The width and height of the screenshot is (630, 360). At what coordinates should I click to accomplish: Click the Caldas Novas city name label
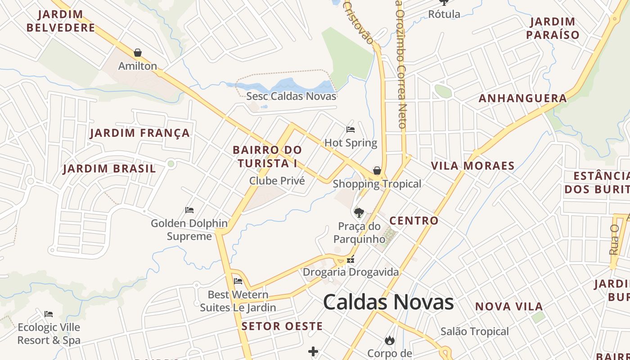pyautogui.click(x=388, y=301)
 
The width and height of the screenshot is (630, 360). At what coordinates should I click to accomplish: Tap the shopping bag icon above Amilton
pyautogui.click(x=138, y=53)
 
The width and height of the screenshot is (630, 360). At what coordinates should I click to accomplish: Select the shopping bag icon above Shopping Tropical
pyautogui.click(x=377, y=171)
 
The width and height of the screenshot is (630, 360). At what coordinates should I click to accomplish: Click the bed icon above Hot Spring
pyautogui.click(x=351, y=130)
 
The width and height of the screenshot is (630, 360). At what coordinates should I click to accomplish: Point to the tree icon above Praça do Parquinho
pyautogui.click(x=359, y=212)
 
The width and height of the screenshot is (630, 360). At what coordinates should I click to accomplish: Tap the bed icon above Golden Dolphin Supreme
pyautogui.click(x=189, y=210)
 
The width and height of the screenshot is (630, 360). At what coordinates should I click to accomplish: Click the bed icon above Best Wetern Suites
pyautogui.click(x=238, y=281)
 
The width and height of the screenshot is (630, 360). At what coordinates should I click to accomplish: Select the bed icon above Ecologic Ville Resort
pyautogui.click(x=49, y=314)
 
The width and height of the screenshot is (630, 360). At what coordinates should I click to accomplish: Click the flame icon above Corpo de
pyautogui.click(x=390, y=340)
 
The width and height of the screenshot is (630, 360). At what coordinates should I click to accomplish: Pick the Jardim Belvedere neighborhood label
pyautogui.click(x=61, y=21)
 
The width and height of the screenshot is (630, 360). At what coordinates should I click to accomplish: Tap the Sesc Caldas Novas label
pyautogui.click(x=291, y=96)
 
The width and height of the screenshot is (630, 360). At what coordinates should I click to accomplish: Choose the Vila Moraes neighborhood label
pyautogui.click(x=472, y=166)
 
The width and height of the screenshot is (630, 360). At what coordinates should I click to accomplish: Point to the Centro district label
pyautogui.click(x=414, y=220)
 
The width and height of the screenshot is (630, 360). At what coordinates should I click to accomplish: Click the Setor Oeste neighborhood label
pyautogui.click(x=282, y=326)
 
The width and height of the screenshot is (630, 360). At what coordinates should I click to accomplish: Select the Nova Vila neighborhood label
pyautogui.click(x=509, y=306)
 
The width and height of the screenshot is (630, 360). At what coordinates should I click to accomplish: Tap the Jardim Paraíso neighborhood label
pyautogui.click(x=553, y=28)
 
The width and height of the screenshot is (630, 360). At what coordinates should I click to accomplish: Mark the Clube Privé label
pyautogui.click(x=277, y=181)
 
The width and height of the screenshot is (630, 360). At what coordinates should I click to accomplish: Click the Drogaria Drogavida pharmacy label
pyautogui.click(x=351, y=272)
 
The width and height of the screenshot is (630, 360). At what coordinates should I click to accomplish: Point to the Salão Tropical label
pyautogui.click(x=474, y=332)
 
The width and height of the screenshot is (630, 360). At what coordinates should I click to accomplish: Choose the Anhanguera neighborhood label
pyautogui.click(x=522, y=98)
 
